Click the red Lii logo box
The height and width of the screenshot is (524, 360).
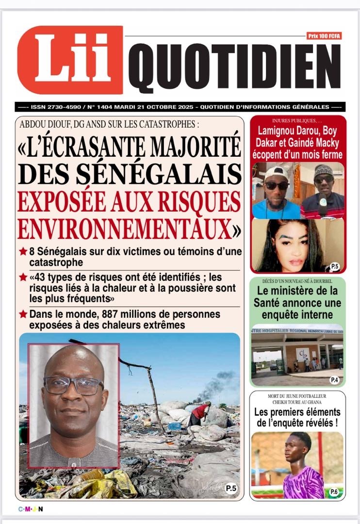click(x=70, y=60)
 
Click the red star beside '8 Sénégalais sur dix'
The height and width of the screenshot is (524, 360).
click(x=23, y=252)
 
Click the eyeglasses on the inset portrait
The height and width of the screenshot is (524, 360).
click(x=73, y=386)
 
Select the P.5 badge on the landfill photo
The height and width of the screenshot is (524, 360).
click(x=231, y=489)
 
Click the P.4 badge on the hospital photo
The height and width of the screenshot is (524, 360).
click(x=335, y=380)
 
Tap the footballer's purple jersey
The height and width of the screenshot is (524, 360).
click(x=303, y=483)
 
